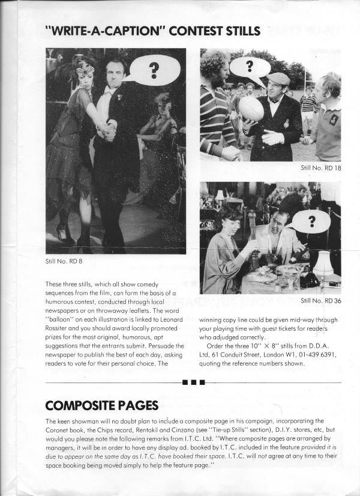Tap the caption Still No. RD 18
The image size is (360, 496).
click(x=320, y=168)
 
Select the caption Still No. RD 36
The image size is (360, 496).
click(x=320, y=300)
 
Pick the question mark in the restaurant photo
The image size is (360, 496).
click(x=310, y=222)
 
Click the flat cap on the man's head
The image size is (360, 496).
click(x=278, y=78)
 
